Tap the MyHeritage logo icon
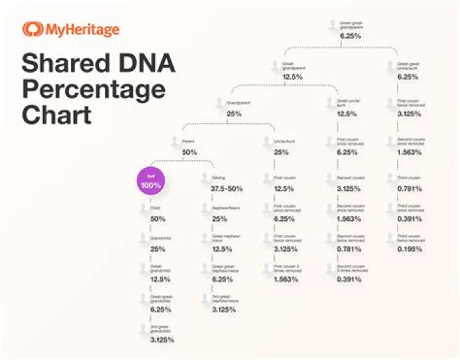[32, 29]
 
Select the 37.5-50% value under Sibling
[228, 188]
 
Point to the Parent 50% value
[190, 153]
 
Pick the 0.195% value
[410, 248]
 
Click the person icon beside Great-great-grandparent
[332, 25]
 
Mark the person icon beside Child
[143, 207]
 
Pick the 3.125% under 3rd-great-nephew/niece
[224, 310]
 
